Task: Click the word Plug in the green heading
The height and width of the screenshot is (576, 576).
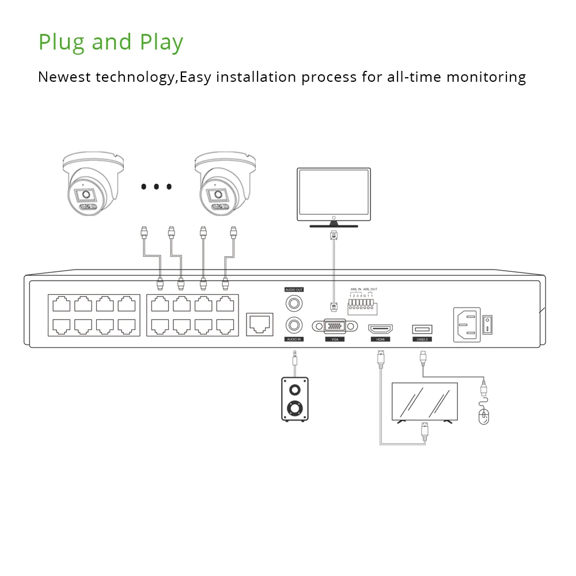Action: (61, 43)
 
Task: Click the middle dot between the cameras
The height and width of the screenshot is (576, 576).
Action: (156, 187)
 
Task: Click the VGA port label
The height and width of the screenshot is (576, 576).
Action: (334, 339)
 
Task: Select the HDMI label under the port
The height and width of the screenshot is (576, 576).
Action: (380, 339)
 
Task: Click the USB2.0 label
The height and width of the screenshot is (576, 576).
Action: (422, 339)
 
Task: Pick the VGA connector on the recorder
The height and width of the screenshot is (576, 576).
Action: (334, 325)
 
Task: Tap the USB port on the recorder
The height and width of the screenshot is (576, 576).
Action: (422, 329)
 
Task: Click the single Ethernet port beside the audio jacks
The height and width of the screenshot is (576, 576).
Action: (259, 324)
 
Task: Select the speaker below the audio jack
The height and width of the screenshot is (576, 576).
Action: (294, 399)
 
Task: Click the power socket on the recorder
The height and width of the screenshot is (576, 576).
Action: (467, 324)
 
